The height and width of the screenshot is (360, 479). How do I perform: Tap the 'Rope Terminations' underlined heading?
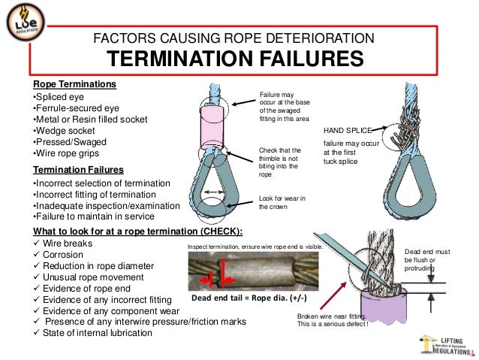(74, 84)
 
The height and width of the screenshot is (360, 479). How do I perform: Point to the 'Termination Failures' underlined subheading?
(79, 170)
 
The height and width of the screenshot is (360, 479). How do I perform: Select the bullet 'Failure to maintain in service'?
(99, 217)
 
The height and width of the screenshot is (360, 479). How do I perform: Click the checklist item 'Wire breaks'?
(68, 244)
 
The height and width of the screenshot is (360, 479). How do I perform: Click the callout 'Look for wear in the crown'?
(283, 203)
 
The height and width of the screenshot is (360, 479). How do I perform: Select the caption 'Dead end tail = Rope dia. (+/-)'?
(253, 298)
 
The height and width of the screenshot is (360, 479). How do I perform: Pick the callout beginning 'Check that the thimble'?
(280, 162)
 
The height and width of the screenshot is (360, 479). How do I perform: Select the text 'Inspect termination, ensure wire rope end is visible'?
(267, 246)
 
